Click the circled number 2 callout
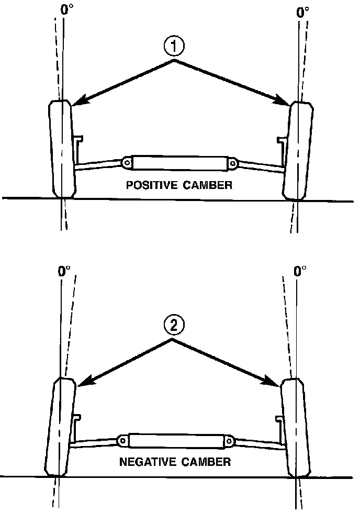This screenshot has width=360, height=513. click(173, 326)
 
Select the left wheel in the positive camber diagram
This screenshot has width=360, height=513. click(62, 149)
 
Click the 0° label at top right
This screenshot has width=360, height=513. click(302, 12)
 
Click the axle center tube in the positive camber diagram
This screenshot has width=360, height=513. click(179, 163)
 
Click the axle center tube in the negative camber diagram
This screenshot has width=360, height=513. click(176, 441)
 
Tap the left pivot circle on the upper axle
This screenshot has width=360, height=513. click(127, 163)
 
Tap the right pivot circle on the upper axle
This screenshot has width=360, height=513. click(232, 164)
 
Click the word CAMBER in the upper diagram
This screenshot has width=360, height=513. click(206, 185)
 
